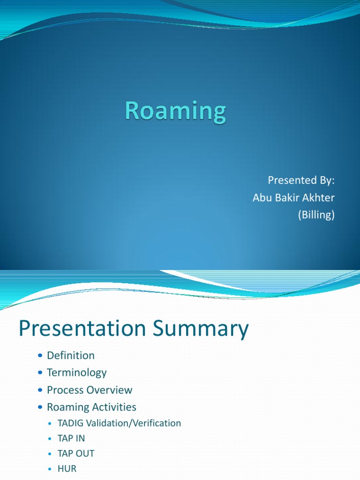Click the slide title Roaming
pyautogui.click(x=175, y=113)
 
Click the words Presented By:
pyautogui.click(x=301, y=180)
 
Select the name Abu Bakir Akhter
pyautogui.click(x=293, y=198)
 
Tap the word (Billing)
pyautogui.click(x=316, y=215)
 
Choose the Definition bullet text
pyautogui.click(x=71, y=355)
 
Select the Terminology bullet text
pyautogui.click(x=77, y=373)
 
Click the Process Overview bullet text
pyautogui.click(x=90, y=390)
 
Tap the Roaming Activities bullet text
pyautogui.click(x=91, y=407)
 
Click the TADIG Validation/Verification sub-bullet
pyautogui.click(x=119, y=423)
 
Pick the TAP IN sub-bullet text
pyautogui.click(x=71, y=438)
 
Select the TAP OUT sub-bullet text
pyautogui.click(x=76, y=453)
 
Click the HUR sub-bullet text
pyautogui.click(x=67, y=468)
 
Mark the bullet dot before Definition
pyautogui.click(x=40, y=356)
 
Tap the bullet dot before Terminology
pyautogui.click(x=40, y=373)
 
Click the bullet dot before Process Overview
pyautogui.click(x=40, y=390)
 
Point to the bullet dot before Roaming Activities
pyautogui.click(x=40, y=407)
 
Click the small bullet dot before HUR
pyautogui.click(x=51, y=469)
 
